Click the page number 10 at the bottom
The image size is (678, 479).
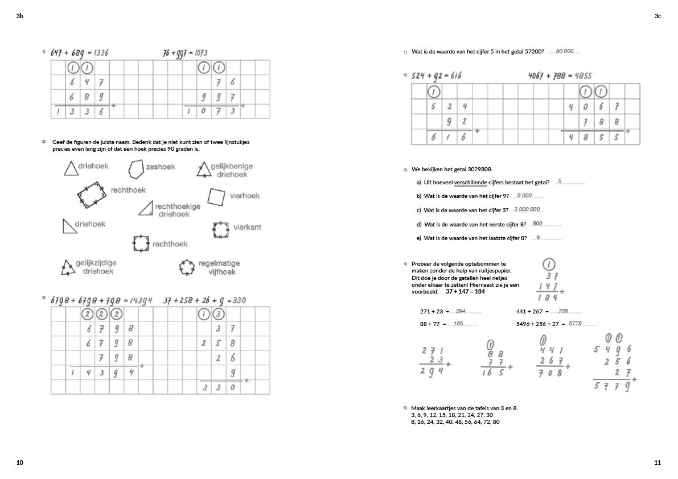tap(20, 463)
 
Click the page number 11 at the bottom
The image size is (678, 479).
tap(658, 463)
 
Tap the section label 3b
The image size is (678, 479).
tap(20, 16)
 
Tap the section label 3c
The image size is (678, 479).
tap(658, 16)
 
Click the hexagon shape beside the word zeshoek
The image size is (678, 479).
tap(135, 168)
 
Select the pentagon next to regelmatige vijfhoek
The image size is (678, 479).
tap(187, 267)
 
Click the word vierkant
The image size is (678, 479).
tap(247, 228)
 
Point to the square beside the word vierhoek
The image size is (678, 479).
tap(216, 197)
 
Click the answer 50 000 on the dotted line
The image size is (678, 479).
tap(564, 52)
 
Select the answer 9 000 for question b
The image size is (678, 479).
tap(524, 196)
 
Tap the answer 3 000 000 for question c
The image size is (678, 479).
tap(527, 209)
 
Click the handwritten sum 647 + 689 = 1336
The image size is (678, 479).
tap(79, 53)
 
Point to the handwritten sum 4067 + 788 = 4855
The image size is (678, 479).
tap(560, 75)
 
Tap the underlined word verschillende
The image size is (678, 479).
tap(470, 183)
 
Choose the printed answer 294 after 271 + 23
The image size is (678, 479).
tap(461, 311)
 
